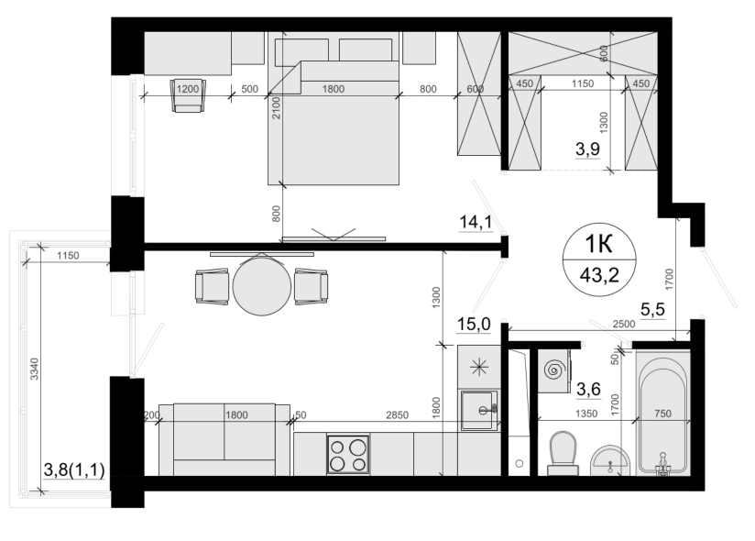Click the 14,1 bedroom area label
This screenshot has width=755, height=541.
click(x=476, y=222)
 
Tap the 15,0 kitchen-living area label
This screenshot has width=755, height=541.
click(x=474, y=325)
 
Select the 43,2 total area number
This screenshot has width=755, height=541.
click(x=599, y=276)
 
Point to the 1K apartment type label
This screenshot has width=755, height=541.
click(x=598, y=244)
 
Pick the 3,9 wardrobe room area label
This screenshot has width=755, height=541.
click(x=588, y=149)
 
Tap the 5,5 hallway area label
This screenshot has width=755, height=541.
click(x=653, y=309)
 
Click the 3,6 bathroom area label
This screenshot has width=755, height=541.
click(x=589, y=388)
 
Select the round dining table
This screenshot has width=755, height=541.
click(x=262, y=286)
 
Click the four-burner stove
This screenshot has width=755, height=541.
click(x=348, y=454)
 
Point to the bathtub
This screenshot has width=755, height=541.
click(x=663, y=414)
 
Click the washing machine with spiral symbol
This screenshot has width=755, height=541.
click(x=554, y=370)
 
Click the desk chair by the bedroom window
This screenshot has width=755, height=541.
click(x=188, y=95)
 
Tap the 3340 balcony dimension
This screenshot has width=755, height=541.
click(x=34, y=369)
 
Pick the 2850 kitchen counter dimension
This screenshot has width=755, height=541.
click(x=398, y=414)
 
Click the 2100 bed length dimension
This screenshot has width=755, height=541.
click(x=277, y=108)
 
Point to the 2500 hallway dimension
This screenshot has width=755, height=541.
click(x=624, y=324)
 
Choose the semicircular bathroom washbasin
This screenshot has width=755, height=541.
click(x=610, y=460)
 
